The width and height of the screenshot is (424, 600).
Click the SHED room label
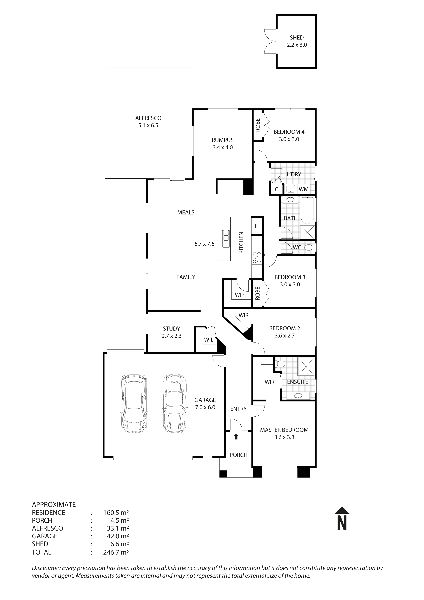297,38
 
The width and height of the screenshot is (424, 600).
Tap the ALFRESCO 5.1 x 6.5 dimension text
148,125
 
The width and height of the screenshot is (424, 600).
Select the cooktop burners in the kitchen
257,257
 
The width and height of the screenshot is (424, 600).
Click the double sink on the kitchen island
226,235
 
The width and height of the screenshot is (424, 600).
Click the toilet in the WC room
310,247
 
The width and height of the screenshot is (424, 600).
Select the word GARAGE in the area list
44,536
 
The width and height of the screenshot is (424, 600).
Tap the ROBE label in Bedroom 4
258,125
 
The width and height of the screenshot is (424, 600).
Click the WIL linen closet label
209,340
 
